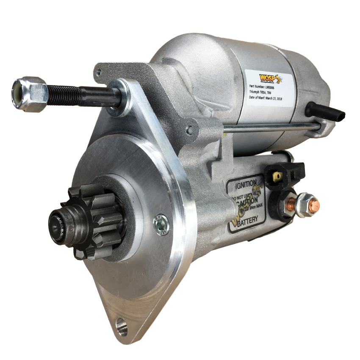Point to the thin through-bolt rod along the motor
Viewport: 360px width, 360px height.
pos(271,127)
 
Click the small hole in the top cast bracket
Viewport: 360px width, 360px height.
pos(99,73)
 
